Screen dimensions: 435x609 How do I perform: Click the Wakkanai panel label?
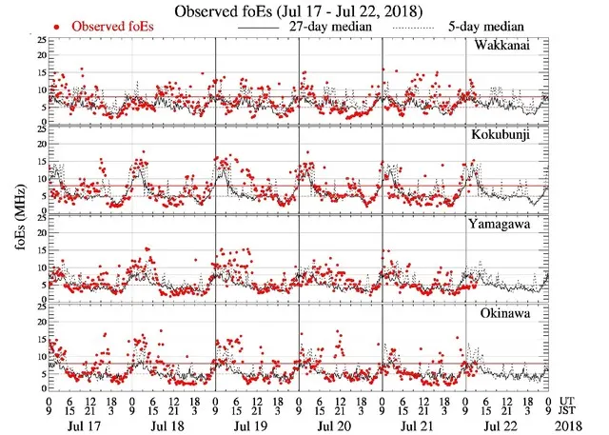(504, 46)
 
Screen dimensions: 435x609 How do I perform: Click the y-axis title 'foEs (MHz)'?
(18, 213)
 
